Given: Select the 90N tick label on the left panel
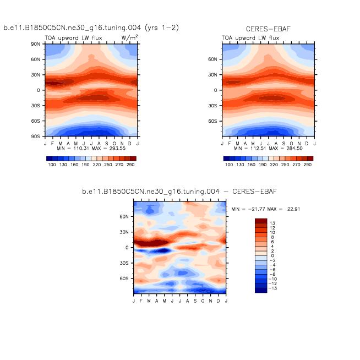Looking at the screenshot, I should [x=37, y=44].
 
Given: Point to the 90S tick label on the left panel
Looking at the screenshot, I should [x=37, y=136].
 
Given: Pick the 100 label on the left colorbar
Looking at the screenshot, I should [x=52, y=165].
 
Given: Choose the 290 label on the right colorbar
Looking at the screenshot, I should [x=307, y=165].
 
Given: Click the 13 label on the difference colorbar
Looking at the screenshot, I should [x=273, y=222].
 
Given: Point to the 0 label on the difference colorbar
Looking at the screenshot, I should [x=272, y=255].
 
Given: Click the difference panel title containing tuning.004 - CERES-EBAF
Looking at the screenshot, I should [x=179, y=192].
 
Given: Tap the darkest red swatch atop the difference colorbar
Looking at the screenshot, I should [x=260, y=221].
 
